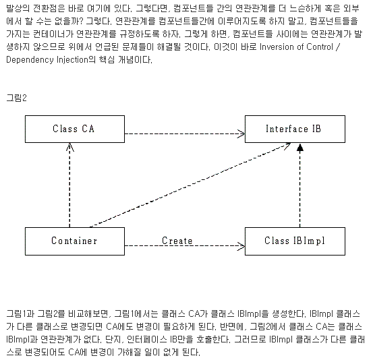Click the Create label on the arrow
pyautogui.click(x=177, y=240)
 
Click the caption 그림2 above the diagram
pyautogui.click(x=16, y=98)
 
